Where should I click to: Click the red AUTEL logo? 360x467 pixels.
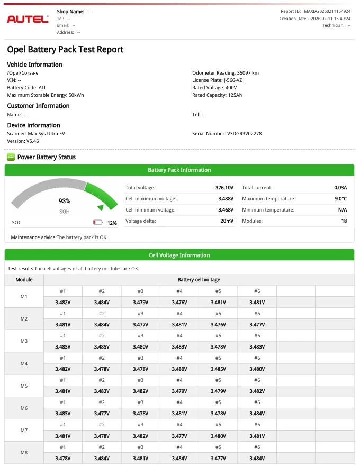(x=28, y=19)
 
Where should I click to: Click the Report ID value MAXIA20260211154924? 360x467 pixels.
(x=327, y=11)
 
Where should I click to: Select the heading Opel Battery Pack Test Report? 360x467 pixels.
(x=65, y=50)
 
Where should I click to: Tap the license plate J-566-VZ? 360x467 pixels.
(x=232, y=80)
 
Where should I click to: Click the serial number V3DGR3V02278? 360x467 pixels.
(x=244, y=134)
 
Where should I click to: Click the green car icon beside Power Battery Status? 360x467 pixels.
(x=11, y=157)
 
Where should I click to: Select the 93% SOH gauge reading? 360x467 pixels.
(x=64, y=201)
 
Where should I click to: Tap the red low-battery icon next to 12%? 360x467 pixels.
(x=97, y=223)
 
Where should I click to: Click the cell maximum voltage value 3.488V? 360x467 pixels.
(x=226, y=199)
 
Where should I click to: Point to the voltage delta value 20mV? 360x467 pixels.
(x=228, y=221)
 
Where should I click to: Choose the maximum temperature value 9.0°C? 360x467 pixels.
(x=340, y=199)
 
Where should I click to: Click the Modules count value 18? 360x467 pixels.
(x=344, y=221)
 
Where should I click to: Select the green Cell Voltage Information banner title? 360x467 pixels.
(x=179, y=255)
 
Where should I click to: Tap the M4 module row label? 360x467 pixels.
(x=24, y=364)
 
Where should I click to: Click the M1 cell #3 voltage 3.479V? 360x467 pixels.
(x=140, y=303)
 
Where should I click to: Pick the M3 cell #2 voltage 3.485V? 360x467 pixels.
(x=102, y=347)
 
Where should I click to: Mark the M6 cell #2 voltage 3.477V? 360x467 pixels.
(x=102, y=414)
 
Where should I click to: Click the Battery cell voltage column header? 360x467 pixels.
(x=199, y=280)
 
